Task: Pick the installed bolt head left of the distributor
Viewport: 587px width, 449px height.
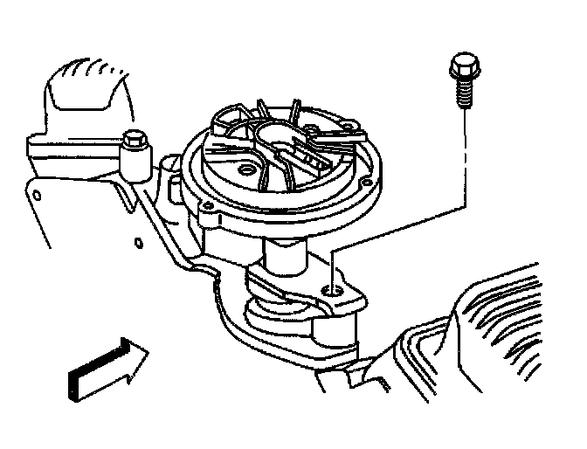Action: pos(134,139)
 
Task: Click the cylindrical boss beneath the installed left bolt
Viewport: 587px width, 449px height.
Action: pos(136,162)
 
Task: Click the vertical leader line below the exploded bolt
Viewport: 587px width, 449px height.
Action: pos(462,157)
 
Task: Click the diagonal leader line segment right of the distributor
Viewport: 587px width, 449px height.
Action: pos(393,229)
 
